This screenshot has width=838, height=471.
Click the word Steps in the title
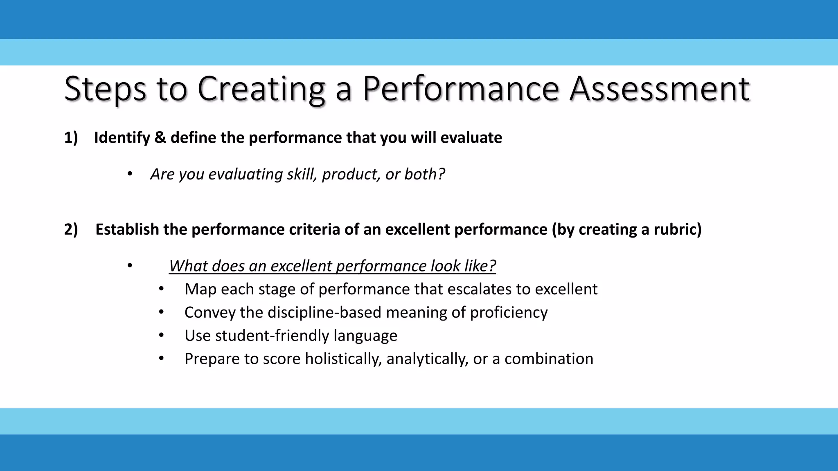(x=105, y=89)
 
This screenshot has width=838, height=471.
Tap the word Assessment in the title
(x=660, y=89)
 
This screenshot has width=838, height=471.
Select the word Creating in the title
(x=261, y=89)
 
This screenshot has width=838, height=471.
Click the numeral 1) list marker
(x=71, y=138)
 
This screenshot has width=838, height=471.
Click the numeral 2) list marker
(x=71, y=229)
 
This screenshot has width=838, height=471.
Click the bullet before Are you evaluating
(x=130, y=174)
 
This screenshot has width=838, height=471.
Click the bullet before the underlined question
(x=130, y=266)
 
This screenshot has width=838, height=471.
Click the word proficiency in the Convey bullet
(x=508, y=313)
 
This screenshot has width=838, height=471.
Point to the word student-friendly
(x=273, y=336)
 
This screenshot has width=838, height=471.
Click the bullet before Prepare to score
(x=161, y=359)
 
